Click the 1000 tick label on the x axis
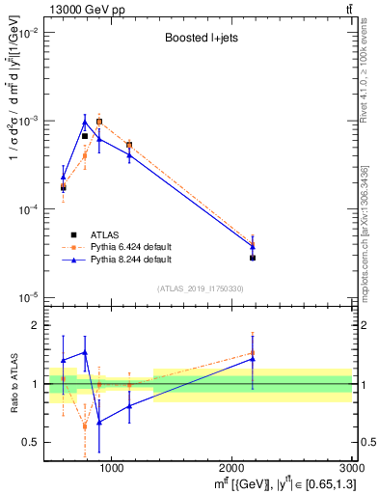[x=112, y=467]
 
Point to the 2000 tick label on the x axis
[x=232, y=467]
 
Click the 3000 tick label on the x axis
[x=352, y=467]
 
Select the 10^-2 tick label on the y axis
[x=29, y=33]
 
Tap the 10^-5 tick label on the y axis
[x=29, y=297]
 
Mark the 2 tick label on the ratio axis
[x=37, y=325]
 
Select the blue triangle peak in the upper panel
[x=85, y=122]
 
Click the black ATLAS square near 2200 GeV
[x=253, y=258]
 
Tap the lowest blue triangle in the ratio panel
[x=98, y=422]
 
